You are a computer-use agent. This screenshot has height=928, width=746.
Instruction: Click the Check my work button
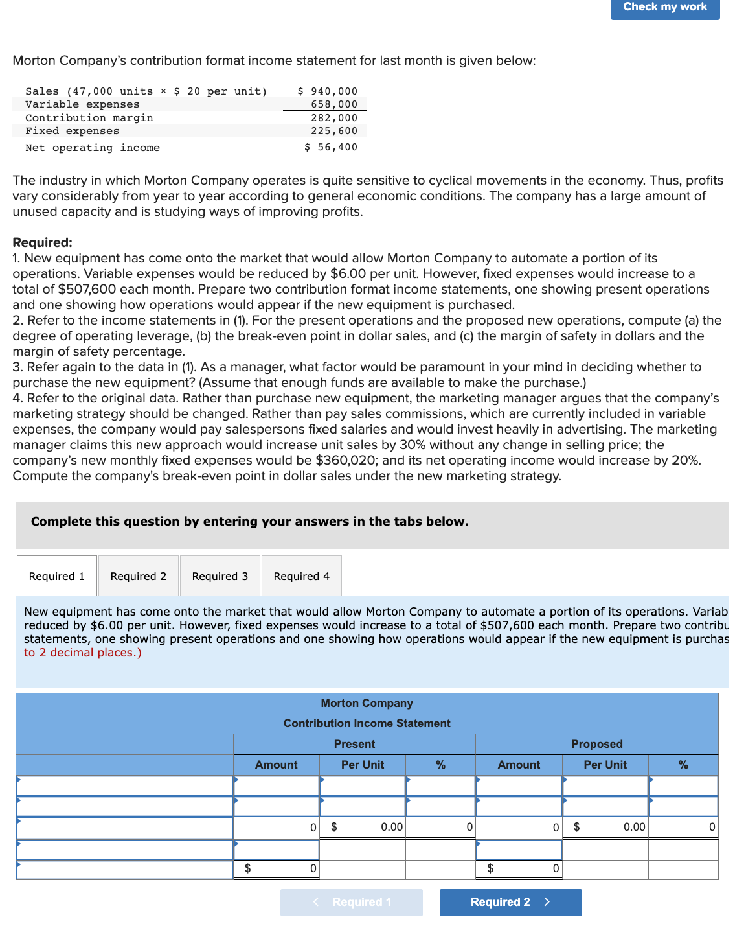point(664,7)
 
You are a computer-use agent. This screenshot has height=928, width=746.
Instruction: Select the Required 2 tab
point(139,576)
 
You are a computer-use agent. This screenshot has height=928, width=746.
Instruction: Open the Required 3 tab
point(220,576)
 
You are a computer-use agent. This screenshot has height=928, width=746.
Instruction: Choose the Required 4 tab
point(302,576)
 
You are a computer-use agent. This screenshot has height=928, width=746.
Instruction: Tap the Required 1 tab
point(57,576)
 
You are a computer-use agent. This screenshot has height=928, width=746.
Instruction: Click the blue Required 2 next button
point(510,902)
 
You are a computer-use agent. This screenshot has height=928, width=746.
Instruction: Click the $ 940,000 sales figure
point(328,91)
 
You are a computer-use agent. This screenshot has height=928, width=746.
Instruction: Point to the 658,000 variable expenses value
point(334,104)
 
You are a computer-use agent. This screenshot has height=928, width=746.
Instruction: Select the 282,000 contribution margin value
point(334,118)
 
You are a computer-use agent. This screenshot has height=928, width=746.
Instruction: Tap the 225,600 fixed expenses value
point(334,131)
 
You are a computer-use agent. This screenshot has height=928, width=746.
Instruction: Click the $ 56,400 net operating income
point(331,147)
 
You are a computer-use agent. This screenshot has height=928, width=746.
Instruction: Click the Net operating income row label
point(93,148)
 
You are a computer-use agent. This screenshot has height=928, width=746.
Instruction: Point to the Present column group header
point(354,744)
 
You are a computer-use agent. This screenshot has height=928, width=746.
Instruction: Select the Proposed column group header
point(596,744)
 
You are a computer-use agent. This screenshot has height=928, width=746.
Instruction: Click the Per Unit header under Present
point(363,765)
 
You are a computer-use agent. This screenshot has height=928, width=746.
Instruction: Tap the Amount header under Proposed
point(519,765)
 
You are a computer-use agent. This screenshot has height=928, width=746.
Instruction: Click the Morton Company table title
point(367,703)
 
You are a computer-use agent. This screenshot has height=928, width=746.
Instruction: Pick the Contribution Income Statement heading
point(367,723)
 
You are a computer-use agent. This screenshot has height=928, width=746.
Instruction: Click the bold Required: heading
point(43,242)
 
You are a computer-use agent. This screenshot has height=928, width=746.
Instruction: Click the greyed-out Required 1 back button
point(352,902)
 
